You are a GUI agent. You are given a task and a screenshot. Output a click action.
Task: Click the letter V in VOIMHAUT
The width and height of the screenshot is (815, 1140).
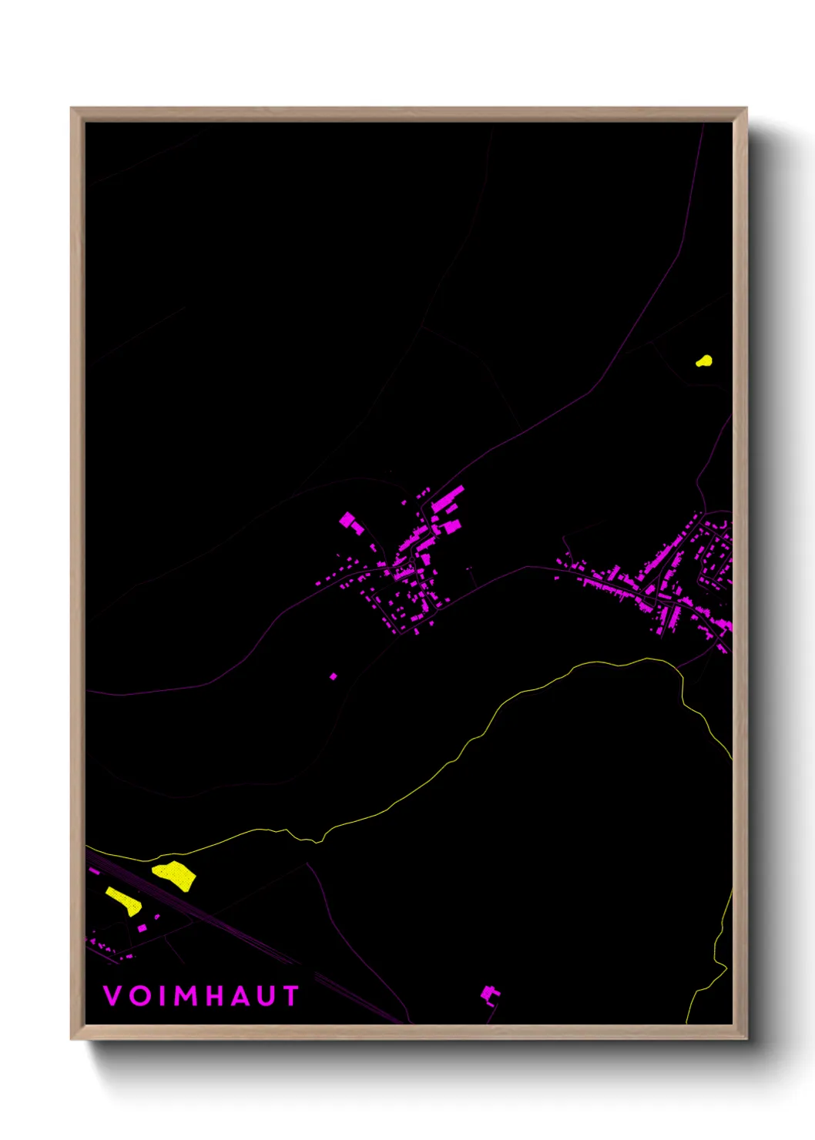click(112, 996)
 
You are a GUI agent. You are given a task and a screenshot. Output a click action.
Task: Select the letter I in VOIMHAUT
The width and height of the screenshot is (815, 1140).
click(163, 996)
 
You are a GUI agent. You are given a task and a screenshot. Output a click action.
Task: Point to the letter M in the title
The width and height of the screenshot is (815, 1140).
click(187, 996)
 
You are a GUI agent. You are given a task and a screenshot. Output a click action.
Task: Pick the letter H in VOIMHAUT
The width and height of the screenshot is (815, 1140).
click(218, 996)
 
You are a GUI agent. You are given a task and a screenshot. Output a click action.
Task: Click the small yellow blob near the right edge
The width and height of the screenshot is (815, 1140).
click(704, 360)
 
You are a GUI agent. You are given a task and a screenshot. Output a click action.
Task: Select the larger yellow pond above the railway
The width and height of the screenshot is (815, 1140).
click(175, 876)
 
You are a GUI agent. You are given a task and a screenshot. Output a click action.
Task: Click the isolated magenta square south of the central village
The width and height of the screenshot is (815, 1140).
click(334, 676)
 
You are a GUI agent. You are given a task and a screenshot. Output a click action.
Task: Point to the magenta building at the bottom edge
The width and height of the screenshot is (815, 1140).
click(489, 994)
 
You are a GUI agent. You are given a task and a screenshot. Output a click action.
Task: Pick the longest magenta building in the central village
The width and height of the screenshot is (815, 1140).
click(448, 498)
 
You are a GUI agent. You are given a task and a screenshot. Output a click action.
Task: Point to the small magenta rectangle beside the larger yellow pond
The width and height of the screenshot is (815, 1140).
click(143, 929)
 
